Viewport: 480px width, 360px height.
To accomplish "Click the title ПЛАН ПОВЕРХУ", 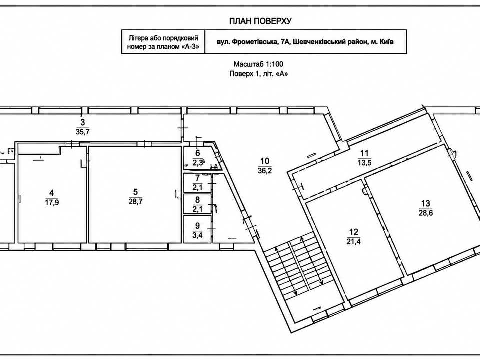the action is click(x=260, y=21).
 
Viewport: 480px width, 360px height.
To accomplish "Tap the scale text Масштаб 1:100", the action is click(x=258, y=64).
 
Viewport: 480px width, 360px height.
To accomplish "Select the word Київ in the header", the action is click(x=386, y=41).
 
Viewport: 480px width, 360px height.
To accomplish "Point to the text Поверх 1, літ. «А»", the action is click(x=259, y=74).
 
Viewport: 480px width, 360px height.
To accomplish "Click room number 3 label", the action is click(x=82, y=123).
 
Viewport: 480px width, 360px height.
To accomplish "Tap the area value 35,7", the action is click(x=82, y=132).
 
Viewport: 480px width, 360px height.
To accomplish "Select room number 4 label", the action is click(x=51, y=193).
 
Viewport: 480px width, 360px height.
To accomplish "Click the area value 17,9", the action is click(x=51, y=202).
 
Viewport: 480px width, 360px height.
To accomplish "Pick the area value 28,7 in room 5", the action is click(x=136, y=201).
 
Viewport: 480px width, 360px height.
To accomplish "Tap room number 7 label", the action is click(x=197, y=178).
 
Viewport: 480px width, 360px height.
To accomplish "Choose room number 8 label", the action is click(x=197, y=200).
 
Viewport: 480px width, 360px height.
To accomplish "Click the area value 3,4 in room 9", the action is click(x=197, y=235).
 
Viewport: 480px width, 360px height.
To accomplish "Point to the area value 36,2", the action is click(x=265, y=170).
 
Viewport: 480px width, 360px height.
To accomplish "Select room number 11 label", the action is click(x=364, y=153).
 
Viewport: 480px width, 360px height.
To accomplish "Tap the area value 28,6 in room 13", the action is click(x=426, y=213).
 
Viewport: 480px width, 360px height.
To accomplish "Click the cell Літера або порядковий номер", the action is click(x=163, y=42).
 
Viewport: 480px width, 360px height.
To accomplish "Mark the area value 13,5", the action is click(x=364, y=162).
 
